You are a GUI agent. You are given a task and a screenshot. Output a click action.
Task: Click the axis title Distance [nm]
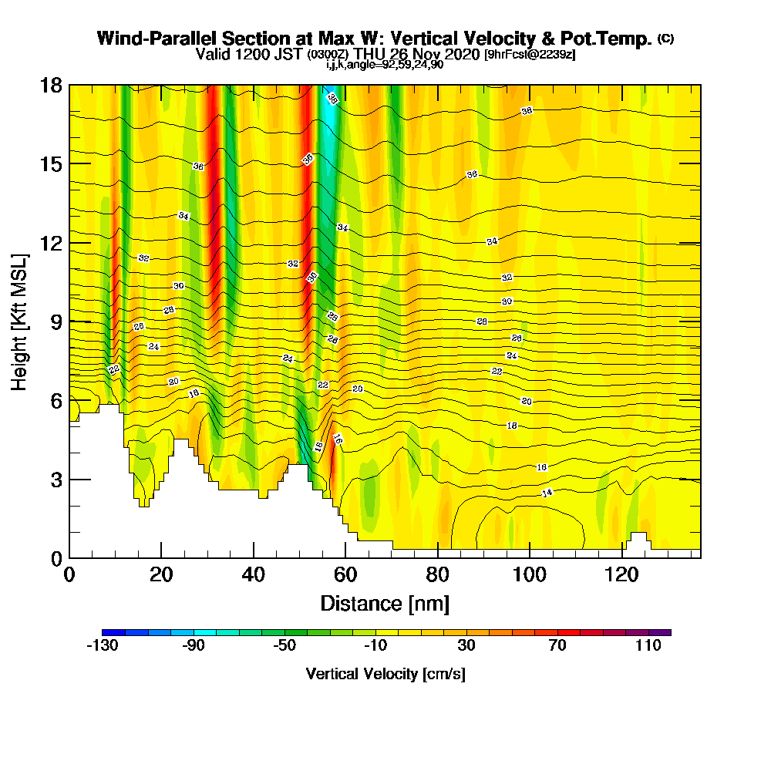pyautogui.click(x=385, y=602)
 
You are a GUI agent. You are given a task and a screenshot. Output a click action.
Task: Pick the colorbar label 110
pyautogui.click(x=648, y=646)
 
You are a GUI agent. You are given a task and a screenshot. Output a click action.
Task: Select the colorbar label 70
pyautogui.click(x=557, y=646)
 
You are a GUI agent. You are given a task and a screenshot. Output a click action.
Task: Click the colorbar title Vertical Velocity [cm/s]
pyautogui.click(x=385, y=674)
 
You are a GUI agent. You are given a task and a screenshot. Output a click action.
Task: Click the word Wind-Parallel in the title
pyautogui.click(x=147, y=39)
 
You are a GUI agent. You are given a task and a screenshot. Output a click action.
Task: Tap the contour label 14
pyautogui.click(x=547, y=493)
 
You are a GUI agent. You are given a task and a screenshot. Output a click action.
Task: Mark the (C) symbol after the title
pyautogui.click(x=665, y=39)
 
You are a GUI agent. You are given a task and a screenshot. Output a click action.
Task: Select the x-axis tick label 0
pyautogui.click(x=69, y=575)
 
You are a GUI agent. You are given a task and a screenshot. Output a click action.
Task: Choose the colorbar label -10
pyautogui.click(x=375, y=646)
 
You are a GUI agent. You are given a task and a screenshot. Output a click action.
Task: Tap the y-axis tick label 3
pyautogui.click(x=56, y=480)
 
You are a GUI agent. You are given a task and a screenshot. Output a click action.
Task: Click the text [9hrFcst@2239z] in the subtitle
pyautogui.click(x=530, y=55)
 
